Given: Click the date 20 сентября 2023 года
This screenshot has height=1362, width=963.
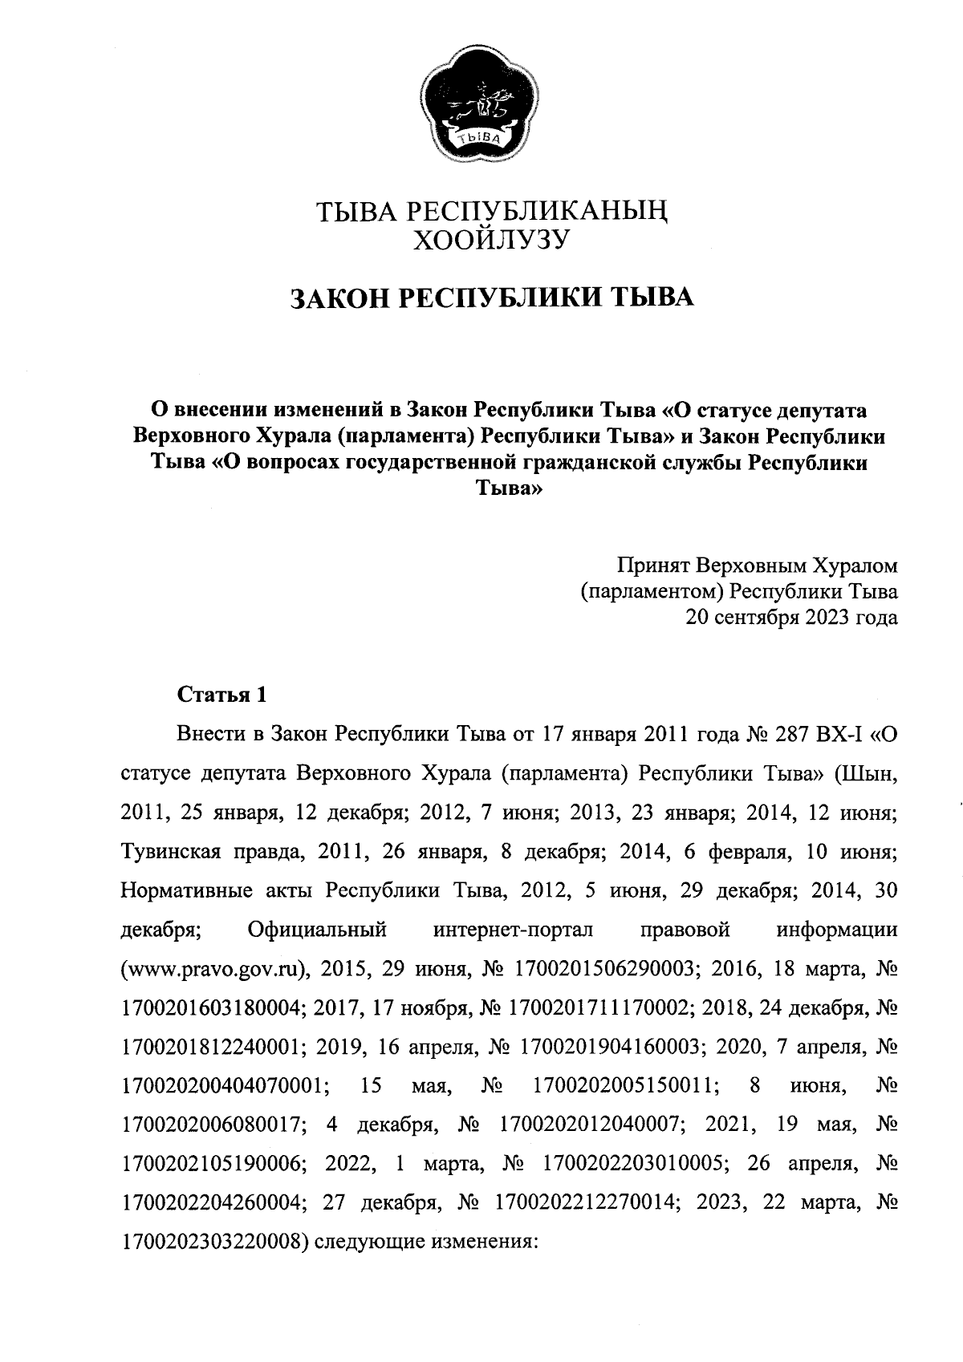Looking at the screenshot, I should tap(790, 618).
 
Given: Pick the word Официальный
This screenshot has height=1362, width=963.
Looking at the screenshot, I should tap(318, 930).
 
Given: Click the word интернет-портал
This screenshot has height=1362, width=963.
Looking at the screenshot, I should tap(513, 930).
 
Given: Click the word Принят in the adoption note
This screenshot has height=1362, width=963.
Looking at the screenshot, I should tap(651, 567).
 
